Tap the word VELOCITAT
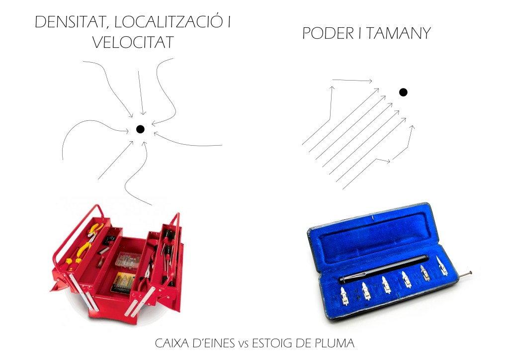click(x=133, y=43)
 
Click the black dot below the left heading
click(x=140, y=129)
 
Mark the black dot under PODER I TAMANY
click(x=403, y=92)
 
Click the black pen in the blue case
click(x=384, y=269)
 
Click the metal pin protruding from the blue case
click(x=465, y=274)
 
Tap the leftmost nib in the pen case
click(x=344, y=296)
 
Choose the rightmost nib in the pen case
click(x=442, y=266)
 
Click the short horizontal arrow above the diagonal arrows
click(x=352, y=80)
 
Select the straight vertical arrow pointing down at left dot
click(x=141, y=93)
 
